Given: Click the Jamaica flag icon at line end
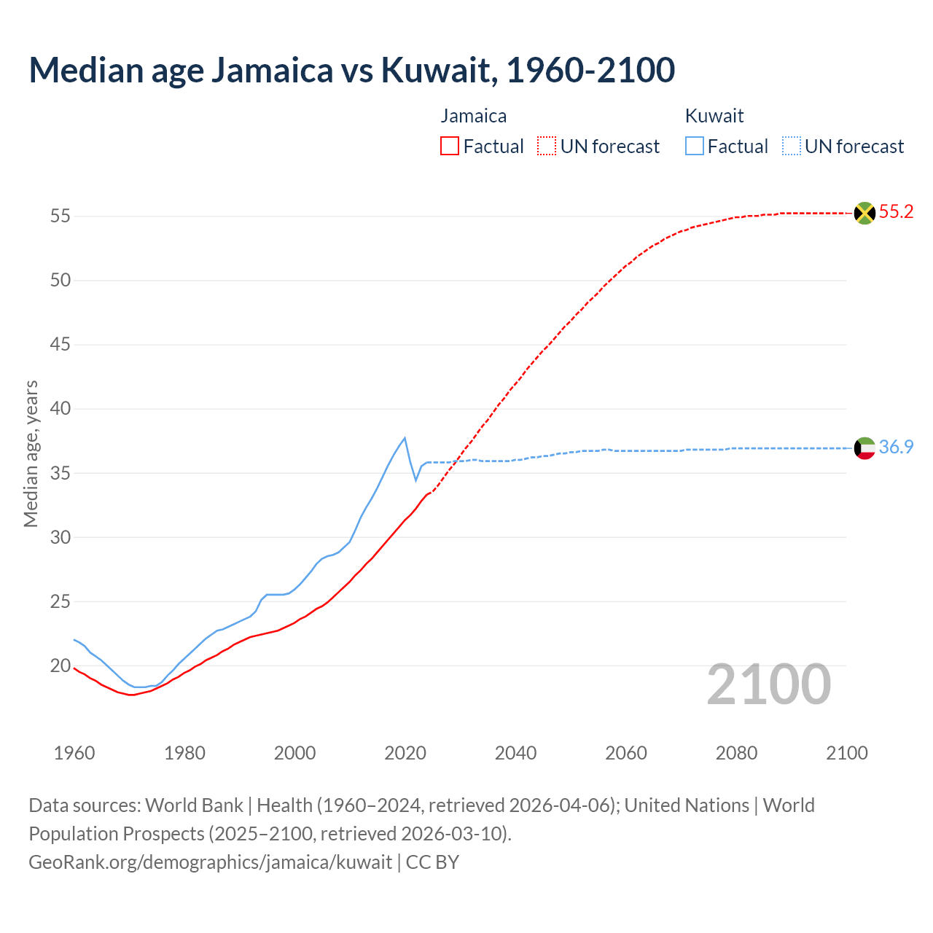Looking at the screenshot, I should coord(864,213).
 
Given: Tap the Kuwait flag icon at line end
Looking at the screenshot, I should coord(864,448).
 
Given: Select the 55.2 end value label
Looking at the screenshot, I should coord(896,212).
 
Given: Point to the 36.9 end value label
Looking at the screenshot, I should coord(896,447).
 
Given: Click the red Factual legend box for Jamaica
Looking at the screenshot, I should coord(450,147).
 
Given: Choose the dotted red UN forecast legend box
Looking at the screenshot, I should coord(547,147).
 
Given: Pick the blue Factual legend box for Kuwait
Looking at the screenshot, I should coord(695,147).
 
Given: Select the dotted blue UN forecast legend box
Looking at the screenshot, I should coord(792,147).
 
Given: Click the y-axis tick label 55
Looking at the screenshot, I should coord(60,216).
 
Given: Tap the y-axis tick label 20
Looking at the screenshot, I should coord(60,666).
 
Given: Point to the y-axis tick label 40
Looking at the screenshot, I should coord(60,409).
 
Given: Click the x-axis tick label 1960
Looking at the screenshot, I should coord(74,753).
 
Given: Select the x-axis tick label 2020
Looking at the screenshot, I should coord(405,753).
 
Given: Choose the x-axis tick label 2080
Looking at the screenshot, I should coord(736,753).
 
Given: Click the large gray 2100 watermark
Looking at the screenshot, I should coord(768,684).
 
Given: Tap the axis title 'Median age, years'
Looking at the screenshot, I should coord(31,453).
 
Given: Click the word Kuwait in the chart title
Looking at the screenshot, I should coord(435,70).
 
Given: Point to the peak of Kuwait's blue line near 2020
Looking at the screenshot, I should coord(405,437).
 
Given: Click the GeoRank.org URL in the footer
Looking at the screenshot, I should coord(210,862).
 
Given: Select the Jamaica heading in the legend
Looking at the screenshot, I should coord(473,116).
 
